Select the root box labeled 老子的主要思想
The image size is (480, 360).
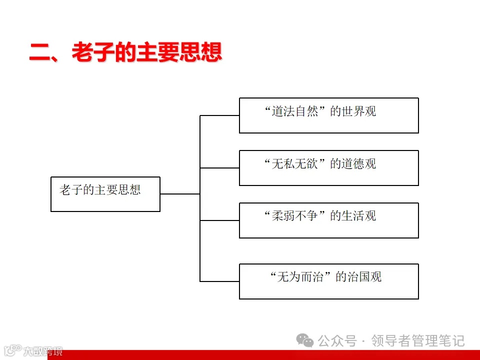(105, 194)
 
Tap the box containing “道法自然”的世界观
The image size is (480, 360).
(328, 115)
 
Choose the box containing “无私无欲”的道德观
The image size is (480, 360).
(328, 168)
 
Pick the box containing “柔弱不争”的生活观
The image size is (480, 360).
(328, 220)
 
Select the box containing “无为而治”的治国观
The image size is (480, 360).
(328, 281)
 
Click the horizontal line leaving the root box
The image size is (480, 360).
(180, 194)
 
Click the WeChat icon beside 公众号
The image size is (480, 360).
(305, 341)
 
